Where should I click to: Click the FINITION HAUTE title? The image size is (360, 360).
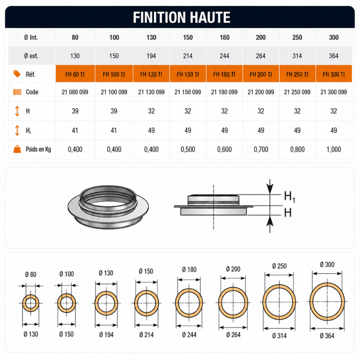(x=181, y=17)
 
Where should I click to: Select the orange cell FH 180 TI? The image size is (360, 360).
(x=224, y=74)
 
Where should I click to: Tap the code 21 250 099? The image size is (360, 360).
(x=297, y=92)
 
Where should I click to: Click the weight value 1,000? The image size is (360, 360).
(x=334, y=149)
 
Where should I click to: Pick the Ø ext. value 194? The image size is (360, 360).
(x=151, y=56)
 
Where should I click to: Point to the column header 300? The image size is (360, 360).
(x=334, y=37)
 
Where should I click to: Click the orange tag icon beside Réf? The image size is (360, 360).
(x=17, y=74)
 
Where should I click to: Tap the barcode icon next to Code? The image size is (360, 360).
(x=17, y=92)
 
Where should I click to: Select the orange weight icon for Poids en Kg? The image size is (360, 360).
(x=17, y=149)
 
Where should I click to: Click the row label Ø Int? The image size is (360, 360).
(x=31, y=37)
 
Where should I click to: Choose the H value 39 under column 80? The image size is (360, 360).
(x=75, y=111)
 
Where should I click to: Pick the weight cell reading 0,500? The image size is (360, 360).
(x=188, y=149)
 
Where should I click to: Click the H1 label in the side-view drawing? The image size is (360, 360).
(x=289, y=197)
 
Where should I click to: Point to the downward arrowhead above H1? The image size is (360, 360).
(x=270, y=188)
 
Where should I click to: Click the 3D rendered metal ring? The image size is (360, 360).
(x=108, y=207)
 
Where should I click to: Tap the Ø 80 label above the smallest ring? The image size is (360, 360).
(x=31, y=274)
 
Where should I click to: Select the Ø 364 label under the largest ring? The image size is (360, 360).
(x=327, y=336)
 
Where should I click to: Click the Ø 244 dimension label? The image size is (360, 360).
(x=189, y=335)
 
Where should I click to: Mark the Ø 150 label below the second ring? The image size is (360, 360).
(x=66, y=334)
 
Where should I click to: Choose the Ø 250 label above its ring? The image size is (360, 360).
(x=279, y=266)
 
